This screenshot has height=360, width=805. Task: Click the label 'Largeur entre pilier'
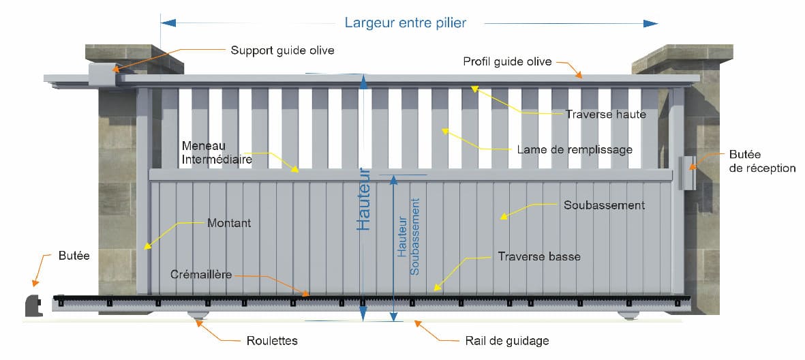406,23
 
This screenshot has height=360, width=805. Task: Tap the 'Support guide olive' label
282,50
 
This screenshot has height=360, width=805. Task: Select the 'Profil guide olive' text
507,61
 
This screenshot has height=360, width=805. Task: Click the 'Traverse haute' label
606,115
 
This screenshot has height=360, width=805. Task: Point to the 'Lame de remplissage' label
575,150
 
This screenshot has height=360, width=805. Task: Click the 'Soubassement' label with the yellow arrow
605,205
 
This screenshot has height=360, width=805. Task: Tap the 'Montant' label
230,224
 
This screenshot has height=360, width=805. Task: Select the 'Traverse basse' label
539,256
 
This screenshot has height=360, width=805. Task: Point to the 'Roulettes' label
272,341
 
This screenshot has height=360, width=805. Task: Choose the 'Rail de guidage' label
507,341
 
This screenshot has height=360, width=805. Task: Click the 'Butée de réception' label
762,162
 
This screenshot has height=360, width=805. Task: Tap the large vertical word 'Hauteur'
364,198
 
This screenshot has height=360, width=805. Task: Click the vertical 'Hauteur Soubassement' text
409,236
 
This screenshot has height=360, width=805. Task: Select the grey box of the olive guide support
103,74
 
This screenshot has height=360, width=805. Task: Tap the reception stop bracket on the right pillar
687,172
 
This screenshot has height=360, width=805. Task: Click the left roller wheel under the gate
198,317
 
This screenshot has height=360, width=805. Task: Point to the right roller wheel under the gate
629,316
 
